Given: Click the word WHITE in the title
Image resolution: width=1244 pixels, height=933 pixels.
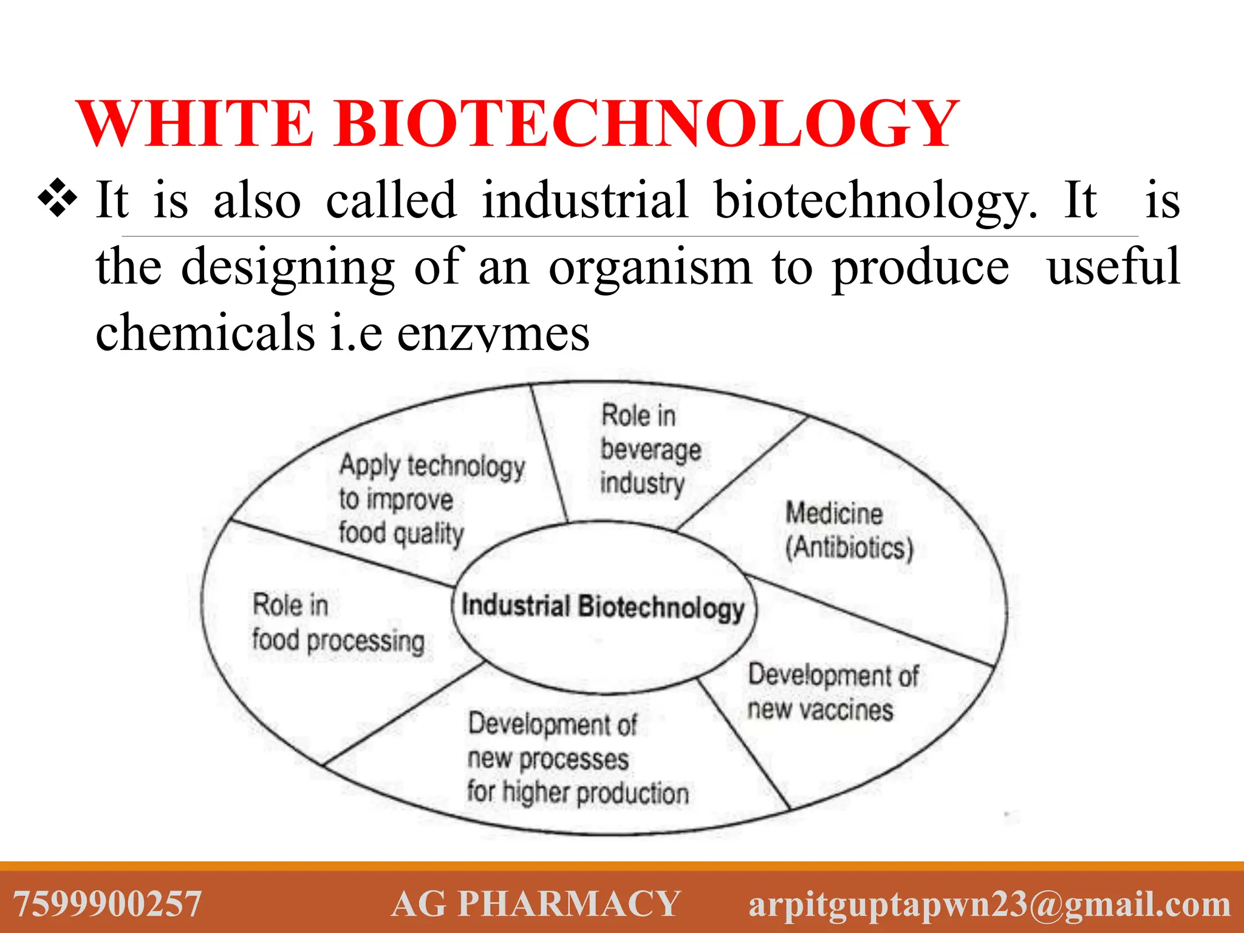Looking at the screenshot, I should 196,124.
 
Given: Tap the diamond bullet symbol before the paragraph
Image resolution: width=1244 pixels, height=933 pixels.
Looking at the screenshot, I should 57,198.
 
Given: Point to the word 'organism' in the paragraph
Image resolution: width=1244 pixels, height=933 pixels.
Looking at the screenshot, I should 650,267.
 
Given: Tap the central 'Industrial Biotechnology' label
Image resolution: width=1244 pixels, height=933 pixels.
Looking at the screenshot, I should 603,607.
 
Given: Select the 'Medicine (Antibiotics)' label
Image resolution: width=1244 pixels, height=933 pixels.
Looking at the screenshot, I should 848,530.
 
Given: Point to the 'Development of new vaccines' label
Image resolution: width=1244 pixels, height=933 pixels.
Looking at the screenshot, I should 832,692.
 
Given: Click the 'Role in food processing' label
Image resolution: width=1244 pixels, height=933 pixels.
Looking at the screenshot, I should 338,623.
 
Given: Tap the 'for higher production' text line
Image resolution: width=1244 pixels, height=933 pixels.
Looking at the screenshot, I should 578,793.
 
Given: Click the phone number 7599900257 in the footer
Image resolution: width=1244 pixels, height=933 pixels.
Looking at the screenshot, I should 108,904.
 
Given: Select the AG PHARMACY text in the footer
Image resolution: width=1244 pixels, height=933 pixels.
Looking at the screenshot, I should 535,904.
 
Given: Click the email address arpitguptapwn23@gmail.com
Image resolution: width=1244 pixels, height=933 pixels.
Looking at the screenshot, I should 989,904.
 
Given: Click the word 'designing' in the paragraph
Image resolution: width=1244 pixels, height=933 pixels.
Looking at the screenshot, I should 288,267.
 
